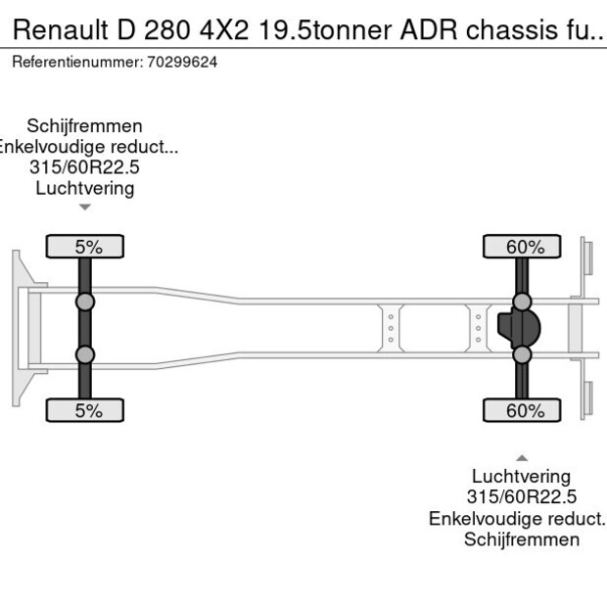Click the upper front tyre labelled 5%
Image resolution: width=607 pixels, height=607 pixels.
pos(85,246)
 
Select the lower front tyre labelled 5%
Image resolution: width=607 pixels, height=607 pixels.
pos(85,410)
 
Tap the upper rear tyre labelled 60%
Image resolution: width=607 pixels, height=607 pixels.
pos(523,246)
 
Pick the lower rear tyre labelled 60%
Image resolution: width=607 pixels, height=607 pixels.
pos(523,410)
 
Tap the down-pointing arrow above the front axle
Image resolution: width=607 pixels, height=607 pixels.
pos(85,207)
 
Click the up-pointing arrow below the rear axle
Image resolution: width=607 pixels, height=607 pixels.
pos(523,457)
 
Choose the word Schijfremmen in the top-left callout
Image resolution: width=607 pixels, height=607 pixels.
pos(85,126)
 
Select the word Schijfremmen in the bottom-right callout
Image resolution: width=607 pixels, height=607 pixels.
pos(522,539)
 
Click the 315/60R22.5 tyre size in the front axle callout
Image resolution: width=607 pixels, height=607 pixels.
pos(85,168)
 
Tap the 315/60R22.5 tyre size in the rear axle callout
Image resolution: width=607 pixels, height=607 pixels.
pos(522,497)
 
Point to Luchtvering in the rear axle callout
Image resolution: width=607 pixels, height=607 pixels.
pos(522,477)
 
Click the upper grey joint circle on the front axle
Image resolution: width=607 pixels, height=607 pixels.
pos(85,301)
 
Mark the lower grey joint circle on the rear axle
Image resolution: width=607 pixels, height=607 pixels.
pos(523,354)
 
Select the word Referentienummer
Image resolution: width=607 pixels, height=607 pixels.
pos(75,62)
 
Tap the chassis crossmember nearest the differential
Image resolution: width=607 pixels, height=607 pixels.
pos(478,328)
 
